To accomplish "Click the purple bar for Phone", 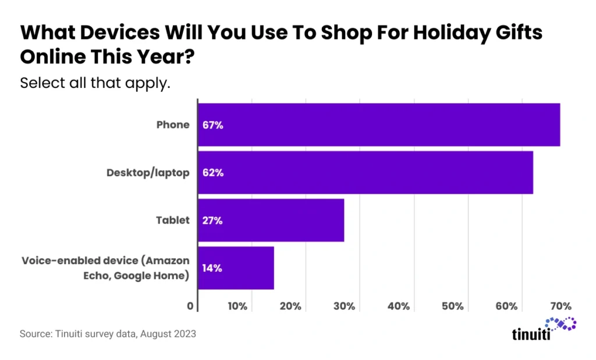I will [x=378, y=125].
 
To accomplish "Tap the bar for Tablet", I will [x=271, y=220].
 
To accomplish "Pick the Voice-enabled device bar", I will [x=236, y=268].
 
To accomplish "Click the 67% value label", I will [x=212, y=125].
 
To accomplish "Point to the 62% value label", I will [x=212, y=173].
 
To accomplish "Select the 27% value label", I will [x=212, y=220].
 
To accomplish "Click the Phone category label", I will [x=173, y=125].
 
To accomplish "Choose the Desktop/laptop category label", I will [x=148, y=173].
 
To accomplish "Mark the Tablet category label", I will [x=173, y=220].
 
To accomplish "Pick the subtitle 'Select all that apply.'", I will [x=95, y=83].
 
